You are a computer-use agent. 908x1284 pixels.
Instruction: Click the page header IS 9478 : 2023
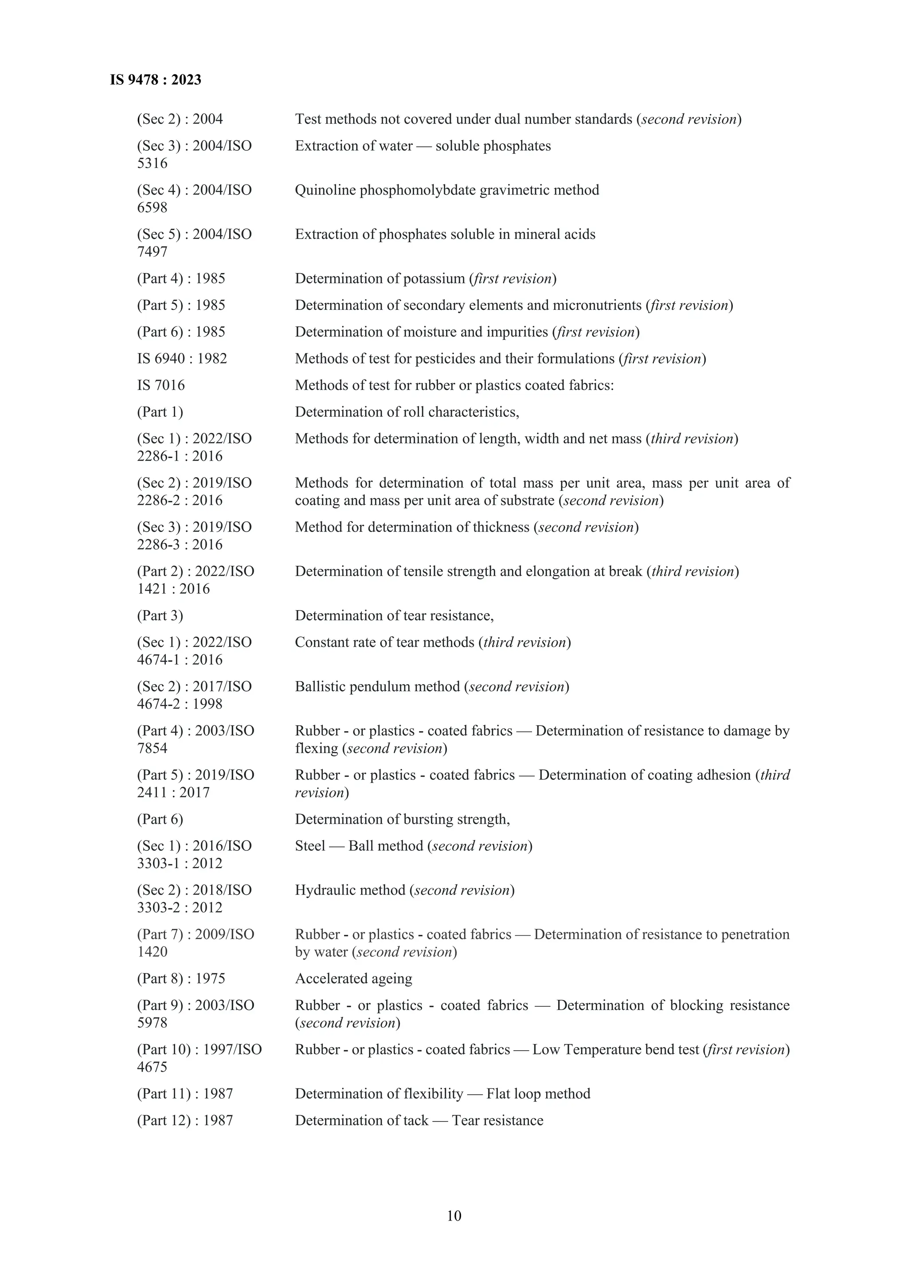tap(156, 80)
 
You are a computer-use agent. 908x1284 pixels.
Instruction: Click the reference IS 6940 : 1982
tap(182, 359)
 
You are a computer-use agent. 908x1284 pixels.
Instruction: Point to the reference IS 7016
tap(161, 385)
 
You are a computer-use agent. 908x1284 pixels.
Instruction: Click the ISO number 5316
tap(152, 163)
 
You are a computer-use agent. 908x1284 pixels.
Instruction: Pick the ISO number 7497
tap(152, 252)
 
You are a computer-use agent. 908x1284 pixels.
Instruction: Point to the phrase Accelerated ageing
tap(353, 979)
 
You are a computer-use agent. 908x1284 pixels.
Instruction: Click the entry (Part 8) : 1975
tap(181, 979)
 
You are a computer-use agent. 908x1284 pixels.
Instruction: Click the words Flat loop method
tap(538, 1094)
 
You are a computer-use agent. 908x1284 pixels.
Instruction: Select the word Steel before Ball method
tap(310, 846)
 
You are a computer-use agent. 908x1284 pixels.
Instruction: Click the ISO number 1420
tap(152, 952)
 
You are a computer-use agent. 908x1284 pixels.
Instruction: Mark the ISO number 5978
tap(152, 1023)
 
